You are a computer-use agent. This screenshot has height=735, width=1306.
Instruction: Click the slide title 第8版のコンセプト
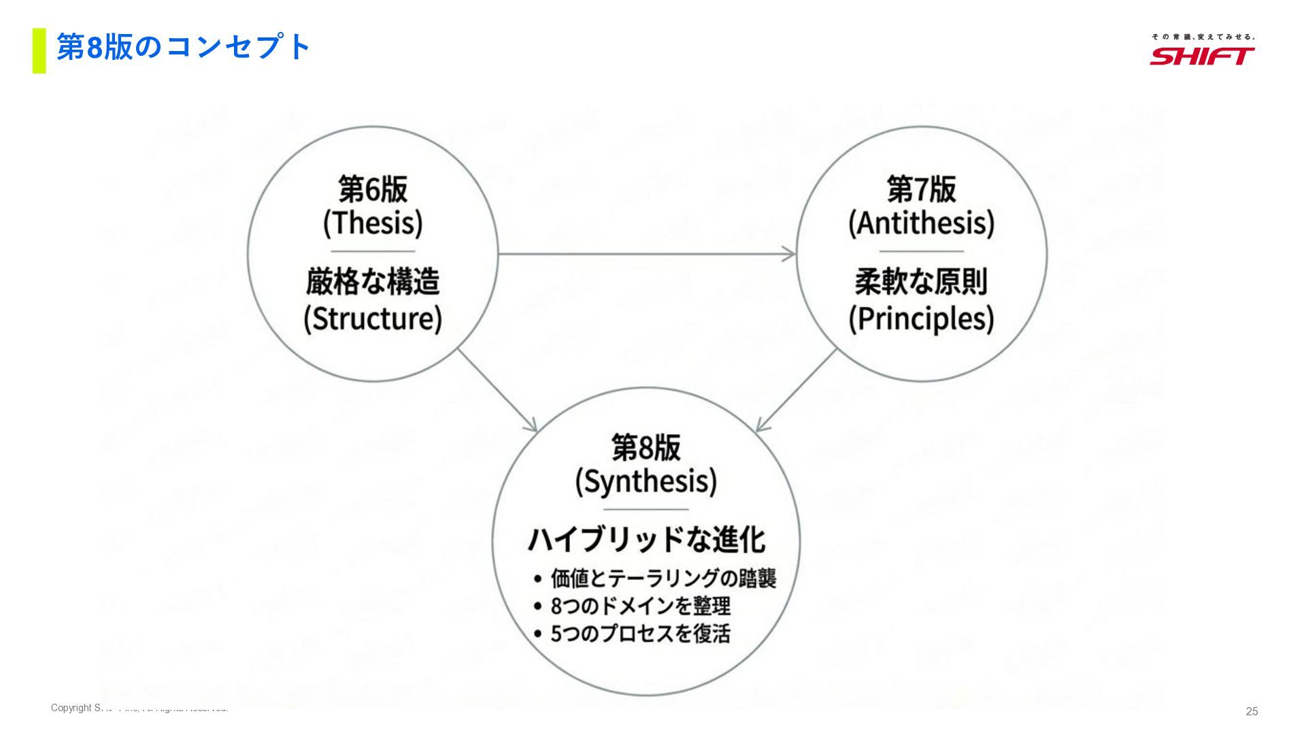(x=184, y=48)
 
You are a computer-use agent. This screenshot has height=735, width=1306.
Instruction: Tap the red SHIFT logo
(x=1202, y=55)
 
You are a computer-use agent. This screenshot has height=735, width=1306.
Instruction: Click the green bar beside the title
(x=39, y=50)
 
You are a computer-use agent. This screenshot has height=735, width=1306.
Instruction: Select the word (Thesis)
(x=373, y=223)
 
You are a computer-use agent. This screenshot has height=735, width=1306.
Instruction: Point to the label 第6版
(x=373, y=189)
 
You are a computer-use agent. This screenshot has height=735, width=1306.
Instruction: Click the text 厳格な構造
(x=373, y=281)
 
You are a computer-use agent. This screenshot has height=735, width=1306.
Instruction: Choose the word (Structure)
(x=373, y=318)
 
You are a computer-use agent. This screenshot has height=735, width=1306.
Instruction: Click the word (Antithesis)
(x=921, y=223)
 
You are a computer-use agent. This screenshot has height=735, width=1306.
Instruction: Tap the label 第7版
(x=921, y=189)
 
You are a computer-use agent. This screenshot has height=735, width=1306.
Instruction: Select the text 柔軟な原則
(x=921, y=281)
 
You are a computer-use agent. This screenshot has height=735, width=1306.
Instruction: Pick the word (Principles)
(x=921, y=318)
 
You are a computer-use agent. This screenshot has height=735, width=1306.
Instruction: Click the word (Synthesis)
(x=646, y=482)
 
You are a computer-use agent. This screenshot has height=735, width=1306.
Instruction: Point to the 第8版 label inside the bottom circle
(x=646, y=448)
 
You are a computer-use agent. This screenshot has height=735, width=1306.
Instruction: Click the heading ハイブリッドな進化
(x=646, y=540)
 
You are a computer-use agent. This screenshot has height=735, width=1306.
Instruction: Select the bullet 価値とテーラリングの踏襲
(x=663, y=578)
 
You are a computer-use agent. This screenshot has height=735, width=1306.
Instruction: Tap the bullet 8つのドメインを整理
(x=640, y=606)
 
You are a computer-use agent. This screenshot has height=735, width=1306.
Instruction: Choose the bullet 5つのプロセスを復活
(x=640, y=634)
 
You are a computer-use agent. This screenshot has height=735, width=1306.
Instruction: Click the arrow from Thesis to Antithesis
(x=646, y=254)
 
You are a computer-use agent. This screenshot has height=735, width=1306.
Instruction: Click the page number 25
(x=1252, y=711)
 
